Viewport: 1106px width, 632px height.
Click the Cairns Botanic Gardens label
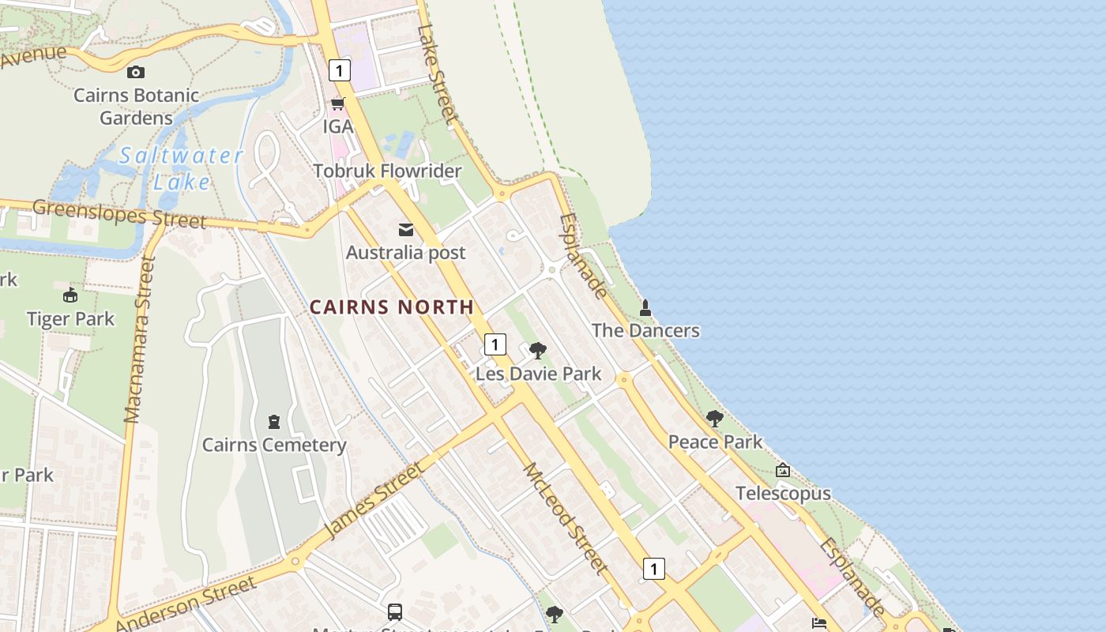pos(136,106)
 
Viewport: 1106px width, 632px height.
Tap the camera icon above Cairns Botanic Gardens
pos(136,72)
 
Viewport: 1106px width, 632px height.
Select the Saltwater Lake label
pos(181,168)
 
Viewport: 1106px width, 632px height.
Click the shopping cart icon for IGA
pos(337,103)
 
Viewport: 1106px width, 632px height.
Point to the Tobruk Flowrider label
pos(387,171)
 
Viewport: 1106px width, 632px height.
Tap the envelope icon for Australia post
pos(406,230)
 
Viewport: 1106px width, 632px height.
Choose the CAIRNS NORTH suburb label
pos(392,307)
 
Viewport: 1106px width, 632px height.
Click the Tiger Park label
pos(70,319)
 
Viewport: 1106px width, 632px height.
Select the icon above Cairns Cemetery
pos(274,421)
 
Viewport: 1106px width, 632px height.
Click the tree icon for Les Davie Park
pos(538,350)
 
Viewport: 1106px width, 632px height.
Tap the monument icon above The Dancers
pos(645,307)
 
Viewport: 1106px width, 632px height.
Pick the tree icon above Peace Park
pos(715,418)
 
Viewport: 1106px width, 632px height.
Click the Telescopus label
pos(783,494)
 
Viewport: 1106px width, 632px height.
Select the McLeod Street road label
pos(566,518)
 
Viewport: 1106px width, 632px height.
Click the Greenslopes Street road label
pos(119,213)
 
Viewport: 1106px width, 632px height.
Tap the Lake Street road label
pos(438,74)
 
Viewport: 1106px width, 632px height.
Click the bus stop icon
pos(395,611)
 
